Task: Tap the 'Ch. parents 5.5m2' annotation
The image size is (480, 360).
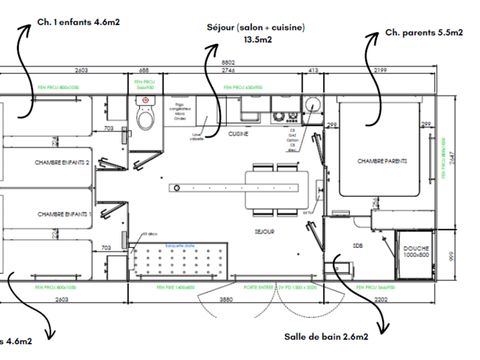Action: click(424, 33)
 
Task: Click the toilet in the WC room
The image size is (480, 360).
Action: click(146, 119)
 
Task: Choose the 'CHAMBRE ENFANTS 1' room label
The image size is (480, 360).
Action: click(63, 214)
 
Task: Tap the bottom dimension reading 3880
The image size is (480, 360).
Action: click(227, 298)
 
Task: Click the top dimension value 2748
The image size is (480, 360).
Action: click(227, 72)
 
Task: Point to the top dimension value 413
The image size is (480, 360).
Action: click(312, 72)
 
